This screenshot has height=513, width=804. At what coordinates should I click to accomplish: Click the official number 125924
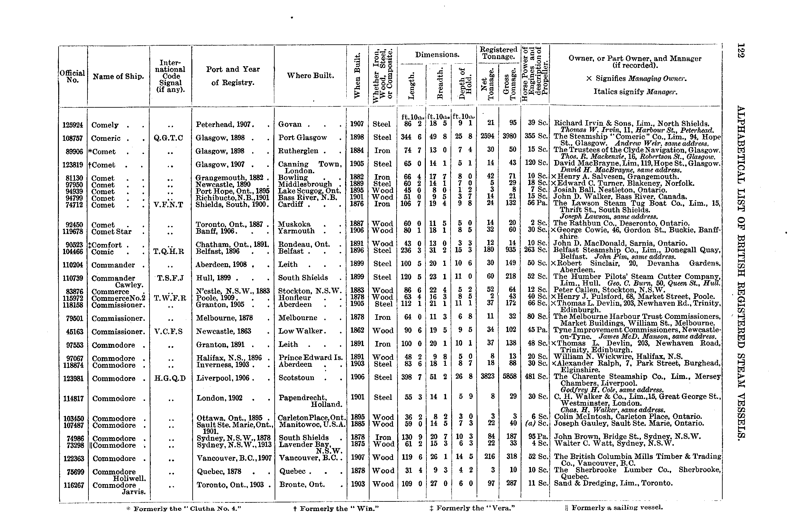[x=72, y=125]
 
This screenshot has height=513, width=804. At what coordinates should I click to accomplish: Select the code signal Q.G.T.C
[x=168, y=138]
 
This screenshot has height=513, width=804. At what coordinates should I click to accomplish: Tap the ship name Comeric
[x=106, y=138]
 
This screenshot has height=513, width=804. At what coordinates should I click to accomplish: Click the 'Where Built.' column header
[x=310, y=76]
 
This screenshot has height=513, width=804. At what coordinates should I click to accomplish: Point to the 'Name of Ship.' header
[x=118, y=76]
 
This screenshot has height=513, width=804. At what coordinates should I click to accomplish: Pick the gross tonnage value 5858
[x=509, y=376]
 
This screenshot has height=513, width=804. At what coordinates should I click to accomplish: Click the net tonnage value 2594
[x=489, y=136]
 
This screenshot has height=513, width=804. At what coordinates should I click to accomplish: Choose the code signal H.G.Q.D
[x=170, y=378]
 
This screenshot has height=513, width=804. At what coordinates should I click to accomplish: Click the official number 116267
[x=74, y=485]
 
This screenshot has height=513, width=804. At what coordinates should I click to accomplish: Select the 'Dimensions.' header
[x=437, y=55]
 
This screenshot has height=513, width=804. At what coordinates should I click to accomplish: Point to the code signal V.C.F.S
[x=168, y=331]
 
